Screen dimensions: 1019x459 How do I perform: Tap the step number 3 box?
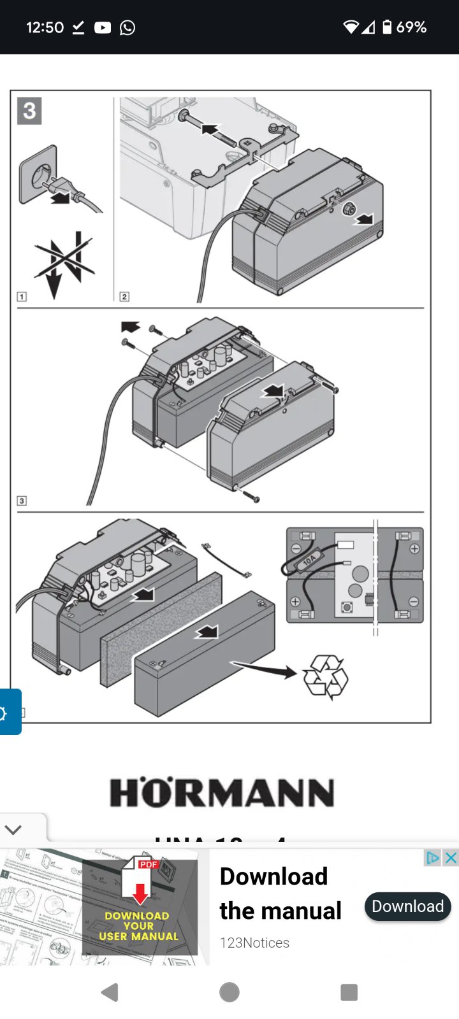coord(29,111)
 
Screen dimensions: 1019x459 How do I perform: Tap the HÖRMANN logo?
coord(222,792)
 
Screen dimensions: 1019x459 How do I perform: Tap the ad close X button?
coord(451,858)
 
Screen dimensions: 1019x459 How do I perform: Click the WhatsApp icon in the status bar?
coord(127,27)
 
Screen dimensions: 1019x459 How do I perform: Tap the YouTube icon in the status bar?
coord(103,27)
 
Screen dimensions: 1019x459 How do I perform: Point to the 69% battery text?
coord(411,27)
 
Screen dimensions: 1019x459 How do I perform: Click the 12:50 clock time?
coord(45,27)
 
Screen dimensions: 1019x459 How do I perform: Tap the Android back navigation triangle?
coord(110,992)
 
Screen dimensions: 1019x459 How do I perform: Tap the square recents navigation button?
coord(349,992)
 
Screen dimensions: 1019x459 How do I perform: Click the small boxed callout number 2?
coord(124,297)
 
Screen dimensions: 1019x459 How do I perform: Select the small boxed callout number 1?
coord(22,297)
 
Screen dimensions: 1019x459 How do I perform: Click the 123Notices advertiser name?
coord(254,943)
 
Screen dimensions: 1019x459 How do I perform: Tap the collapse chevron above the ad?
coord(13,829)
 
